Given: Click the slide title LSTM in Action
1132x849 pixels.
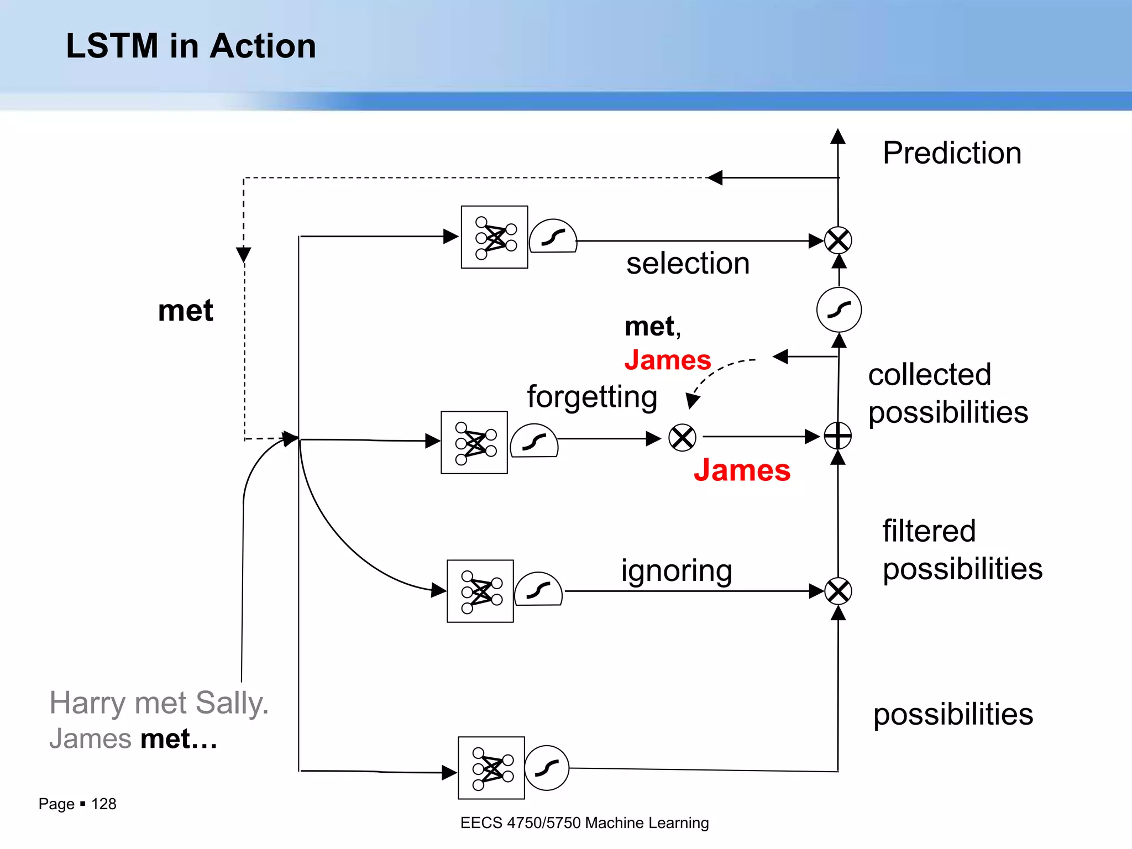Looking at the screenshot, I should click(x=191, y=46).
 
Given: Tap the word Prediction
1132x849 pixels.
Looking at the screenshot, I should click(x=951, y=153).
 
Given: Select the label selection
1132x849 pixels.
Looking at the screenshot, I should click(x=688, y=263).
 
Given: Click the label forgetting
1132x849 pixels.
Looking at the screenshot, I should click(x=592, y=396).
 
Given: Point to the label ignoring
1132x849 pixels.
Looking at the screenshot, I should click(x=677, y=570).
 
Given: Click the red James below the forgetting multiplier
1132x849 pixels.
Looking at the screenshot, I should click(x=742, y=470).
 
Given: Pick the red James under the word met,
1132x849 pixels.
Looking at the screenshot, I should click(x=667, y=360).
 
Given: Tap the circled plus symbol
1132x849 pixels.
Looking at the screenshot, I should click(x=837, y=436).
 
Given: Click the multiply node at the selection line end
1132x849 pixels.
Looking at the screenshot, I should click(x=838, y=240).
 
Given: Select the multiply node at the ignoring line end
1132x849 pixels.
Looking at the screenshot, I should click(x=838, y=591).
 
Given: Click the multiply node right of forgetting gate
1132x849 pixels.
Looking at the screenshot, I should click(x=682, y=438).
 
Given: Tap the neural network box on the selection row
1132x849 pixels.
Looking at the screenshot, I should click(x=494, y=237).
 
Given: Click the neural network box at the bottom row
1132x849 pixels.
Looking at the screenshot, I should click(x=491, y=768).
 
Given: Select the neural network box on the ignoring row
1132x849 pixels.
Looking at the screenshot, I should click(x=480, y=591).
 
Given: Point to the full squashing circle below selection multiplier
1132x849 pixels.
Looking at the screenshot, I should click(x=838, y=310).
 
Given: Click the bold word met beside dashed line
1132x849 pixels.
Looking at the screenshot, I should click(x=185, y=311).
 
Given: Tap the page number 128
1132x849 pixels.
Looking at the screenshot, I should click(x=103, y=804).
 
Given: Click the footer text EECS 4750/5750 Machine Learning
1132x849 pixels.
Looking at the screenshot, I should click(x=584, y=823).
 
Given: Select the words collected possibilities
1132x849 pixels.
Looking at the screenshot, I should click(x=947, y=393).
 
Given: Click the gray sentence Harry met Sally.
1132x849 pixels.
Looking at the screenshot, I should click(x=159, y=704).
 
